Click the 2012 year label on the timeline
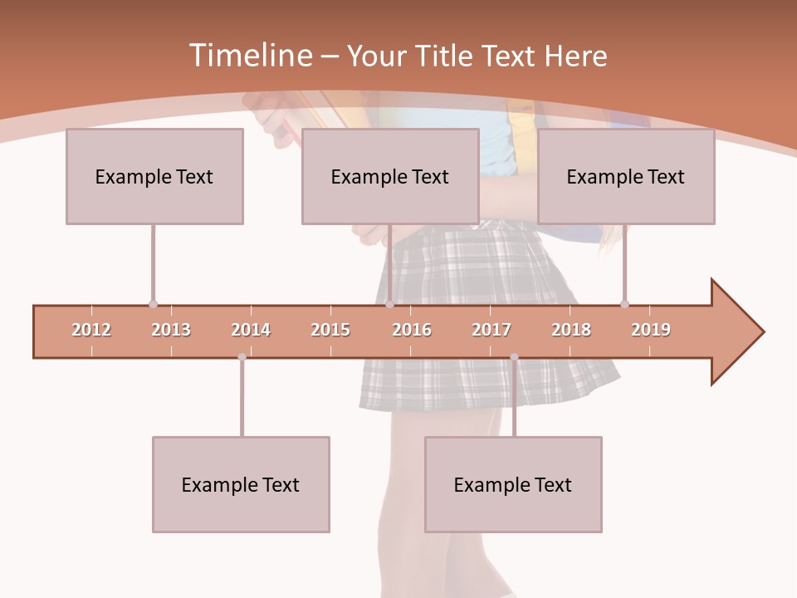(91, 330)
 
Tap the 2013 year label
(171, 330)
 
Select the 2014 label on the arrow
(251, 330)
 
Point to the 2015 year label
(330, 330)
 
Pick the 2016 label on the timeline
(412, 330)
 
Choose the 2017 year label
(491, 330)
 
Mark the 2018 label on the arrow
(571, 330)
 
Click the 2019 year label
(651, 330)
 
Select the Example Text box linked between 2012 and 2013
(154, 176)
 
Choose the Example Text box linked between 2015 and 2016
(390, 176)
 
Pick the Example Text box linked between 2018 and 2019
(626, 176)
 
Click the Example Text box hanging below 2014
(241, 484)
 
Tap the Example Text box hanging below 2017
(513, 484)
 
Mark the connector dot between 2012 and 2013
(153, 304)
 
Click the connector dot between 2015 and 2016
(389, 304)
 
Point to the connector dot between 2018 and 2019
(624, 304)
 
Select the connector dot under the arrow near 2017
(514, 357)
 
